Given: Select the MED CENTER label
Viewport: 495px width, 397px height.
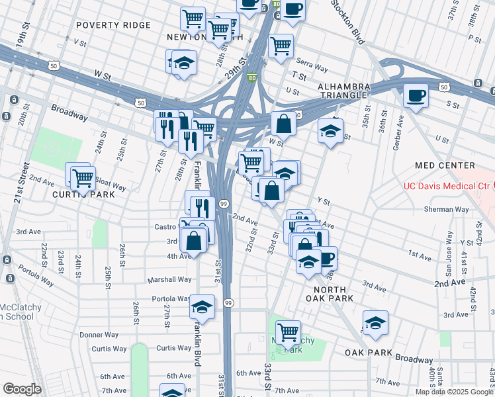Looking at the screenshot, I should (445, 165).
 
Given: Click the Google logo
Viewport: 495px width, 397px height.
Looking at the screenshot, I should (22, 389).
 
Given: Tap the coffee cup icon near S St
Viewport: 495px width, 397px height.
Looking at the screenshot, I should (416, 95).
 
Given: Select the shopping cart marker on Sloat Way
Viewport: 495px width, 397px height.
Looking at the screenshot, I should (82, 176).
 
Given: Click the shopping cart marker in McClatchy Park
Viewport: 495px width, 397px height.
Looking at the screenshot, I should (288, 330).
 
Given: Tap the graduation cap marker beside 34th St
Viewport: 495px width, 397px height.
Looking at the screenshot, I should (330, 131).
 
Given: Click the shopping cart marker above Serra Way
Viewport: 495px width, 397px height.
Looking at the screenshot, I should (281, 46).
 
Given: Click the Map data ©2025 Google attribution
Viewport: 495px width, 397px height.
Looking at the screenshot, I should (453, 392).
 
